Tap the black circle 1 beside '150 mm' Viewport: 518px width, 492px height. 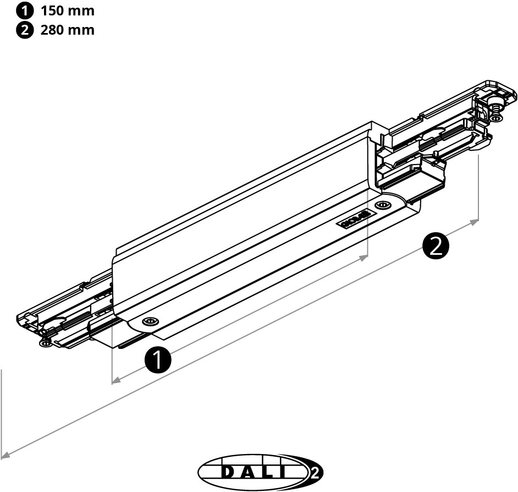[25, 11]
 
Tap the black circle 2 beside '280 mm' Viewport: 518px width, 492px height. [25, 30]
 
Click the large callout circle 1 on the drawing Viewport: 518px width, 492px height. [158, 360]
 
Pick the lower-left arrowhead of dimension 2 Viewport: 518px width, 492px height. [5, 455]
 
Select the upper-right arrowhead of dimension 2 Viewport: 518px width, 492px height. [475, 221]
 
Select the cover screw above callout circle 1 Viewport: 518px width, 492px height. [148, 321]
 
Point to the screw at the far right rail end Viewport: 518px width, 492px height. [496, 117]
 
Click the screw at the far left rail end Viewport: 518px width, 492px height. [43, 343]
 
